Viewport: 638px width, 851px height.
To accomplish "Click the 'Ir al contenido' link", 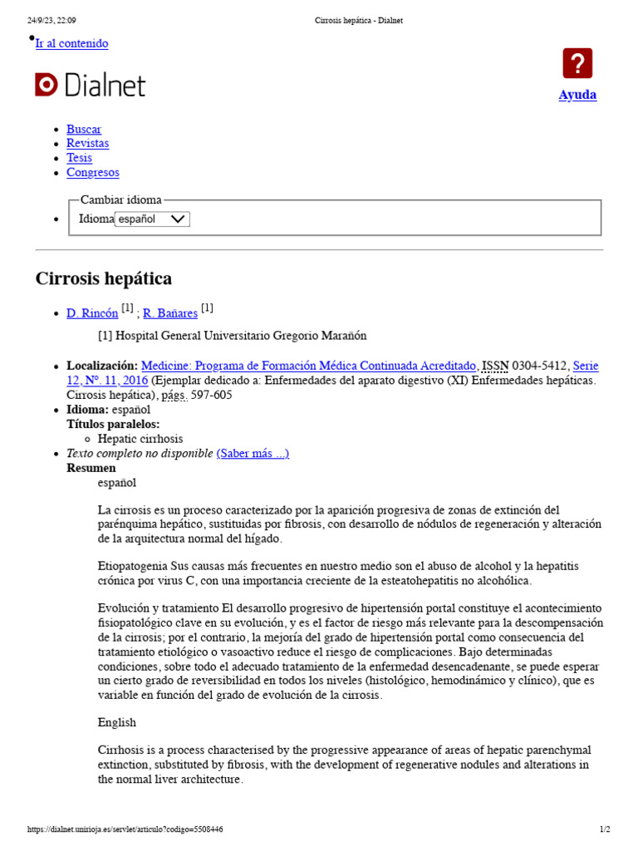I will tap(71, 43).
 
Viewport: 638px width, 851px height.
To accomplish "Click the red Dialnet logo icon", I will tap(46, 85).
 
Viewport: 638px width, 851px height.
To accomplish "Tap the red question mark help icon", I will tap(577, 64).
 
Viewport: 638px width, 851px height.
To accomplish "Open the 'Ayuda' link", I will tap(577, 95).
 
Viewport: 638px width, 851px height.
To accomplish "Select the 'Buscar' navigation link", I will tap(84, 129).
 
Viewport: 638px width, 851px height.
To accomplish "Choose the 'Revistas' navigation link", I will tap(87, 143).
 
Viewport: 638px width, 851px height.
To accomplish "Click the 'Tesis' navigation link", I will tap(79, 158).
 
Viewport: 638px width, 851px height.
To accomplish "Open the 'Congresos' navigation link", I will tap(92, 173).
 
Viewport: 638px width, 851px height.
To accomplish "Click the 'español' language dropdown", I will tap(152, 219).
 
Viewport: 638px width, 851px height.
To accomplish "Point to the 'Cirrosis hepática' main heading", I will tap(104, 278).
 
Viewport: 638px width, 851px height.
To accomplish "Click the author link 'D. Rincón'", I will tap(92, 313).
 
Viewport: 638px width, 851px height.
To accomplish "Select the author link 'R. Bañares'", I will tap(170, 313).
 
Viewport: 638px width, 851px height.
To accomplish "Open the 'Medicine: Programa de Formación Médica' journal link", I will tap(309, 366).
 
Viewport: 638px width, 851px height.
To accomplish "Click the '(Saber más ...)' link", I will tap(253, 453).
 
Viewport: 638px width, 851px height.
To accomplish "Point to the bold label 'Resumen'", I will tap(91, 468).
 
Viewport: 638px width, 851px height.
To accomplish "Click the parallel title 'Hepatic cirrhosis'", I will tap(140, 439).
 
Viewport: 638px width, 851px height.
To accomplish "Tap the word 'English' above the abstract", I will tap(117, 722).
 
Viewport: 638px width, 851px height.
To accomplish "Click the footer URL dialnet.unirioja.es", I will tap(125, 829).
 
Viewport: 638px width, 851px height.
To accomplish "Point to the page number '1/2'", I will tap(605, 829).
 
